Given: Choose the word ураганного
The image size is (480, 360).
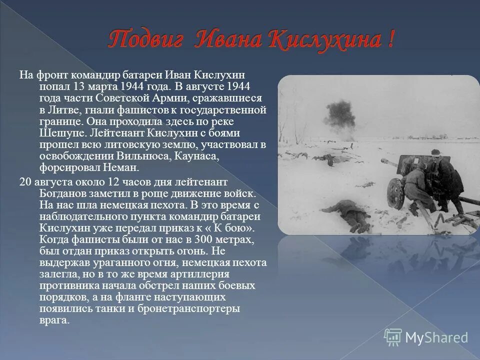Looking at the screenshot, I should click(113, 262).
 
